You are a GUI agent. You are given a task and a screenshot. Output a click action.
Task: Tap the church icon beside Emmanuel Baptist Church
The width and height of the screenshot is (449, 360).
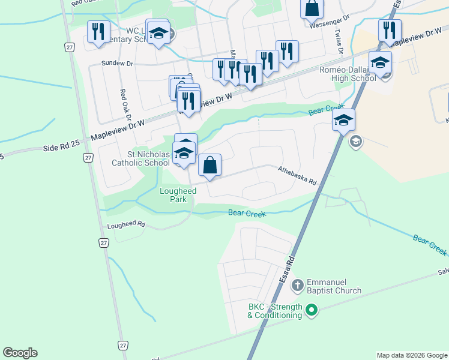click(297, 286)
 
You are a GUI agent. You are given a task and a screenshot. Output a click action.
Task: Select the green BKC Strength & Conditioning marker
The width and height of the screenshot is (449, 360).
click(311, 311)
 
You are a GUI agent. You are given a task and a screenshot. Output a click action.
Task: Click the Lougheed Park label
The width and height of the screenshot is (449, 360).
click(177, 196)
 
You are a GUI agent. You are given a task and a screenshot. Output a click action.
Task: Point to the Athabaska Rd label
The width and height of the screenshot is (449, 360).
click(297, 175)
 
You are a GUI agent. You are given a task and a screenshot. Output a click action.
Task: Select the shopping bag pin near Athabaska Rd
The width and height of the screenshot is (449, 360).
click(210, 165)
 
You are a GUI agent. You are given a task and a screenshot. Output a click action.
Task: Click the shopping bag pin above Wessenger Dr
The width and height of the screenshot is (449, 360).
click(312, 8)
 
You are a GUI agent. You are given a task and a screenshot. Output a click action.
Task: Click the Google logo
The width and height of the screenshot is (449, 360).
click(20, 353)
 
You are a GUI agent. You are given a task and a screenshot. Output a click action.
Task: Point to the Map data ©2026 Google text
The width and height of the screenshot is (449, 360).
click(411, 355)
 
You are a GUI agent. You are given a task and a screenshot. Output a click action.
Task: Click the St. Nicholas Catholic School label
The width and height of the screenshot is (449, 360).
click(140, 158)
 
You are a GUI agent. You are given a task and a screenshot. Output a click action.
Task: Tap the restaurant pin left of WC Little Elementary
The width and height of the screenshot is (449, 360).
click(98, 31)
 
